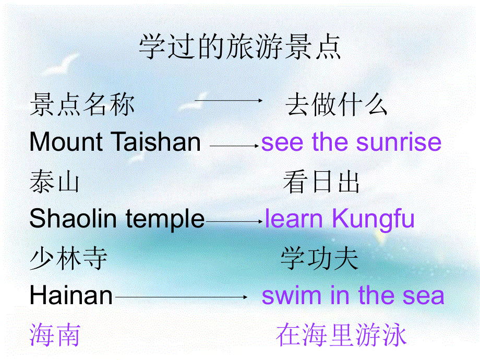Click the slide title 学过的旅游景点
240,49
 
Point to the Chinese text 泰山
55,183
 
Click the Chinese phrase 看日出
321,183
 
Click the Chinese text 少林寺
68,259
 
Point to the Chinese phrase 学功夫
319,259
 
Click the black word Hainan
71,296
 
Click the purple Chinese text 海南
55,335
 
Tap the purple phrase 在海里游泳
341,335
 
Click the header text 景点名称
82,105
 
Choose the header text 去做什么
337,105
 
